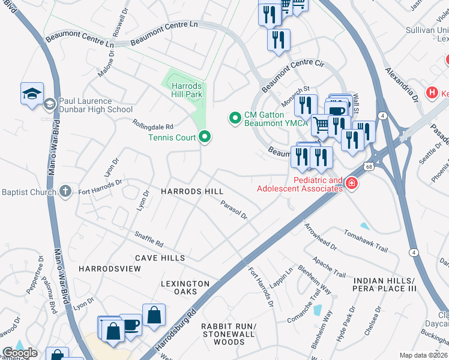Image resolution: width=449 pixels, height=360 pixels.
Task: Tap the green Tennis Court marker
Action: click(x=205, y=138)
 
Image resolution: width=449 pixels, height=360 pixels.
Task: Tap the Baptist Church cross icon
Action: click(x=66, y=192)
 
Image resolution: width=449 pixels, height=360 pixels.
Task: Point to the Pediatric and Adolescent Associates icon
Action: click(x=351, y=184)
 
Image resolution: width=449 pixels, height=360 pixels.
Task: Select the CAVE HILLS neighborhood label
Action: click(x=160, y=257)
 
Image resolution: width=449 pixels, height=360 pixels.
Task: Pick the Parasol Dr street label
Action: click(x=234, y=210)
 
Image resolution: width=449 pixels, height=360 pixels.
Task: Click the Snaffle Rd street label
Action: click(x=149, y=240)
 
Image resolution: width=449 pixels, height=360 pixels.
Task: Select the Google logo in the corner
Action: click(x=19, y=353)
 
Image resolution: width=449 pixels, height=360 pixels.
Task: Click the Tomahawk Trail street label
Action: click(x=366, y=241)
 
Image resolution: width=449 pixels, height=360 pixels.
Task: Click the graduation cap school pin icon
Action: click(x=32, y=94)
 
